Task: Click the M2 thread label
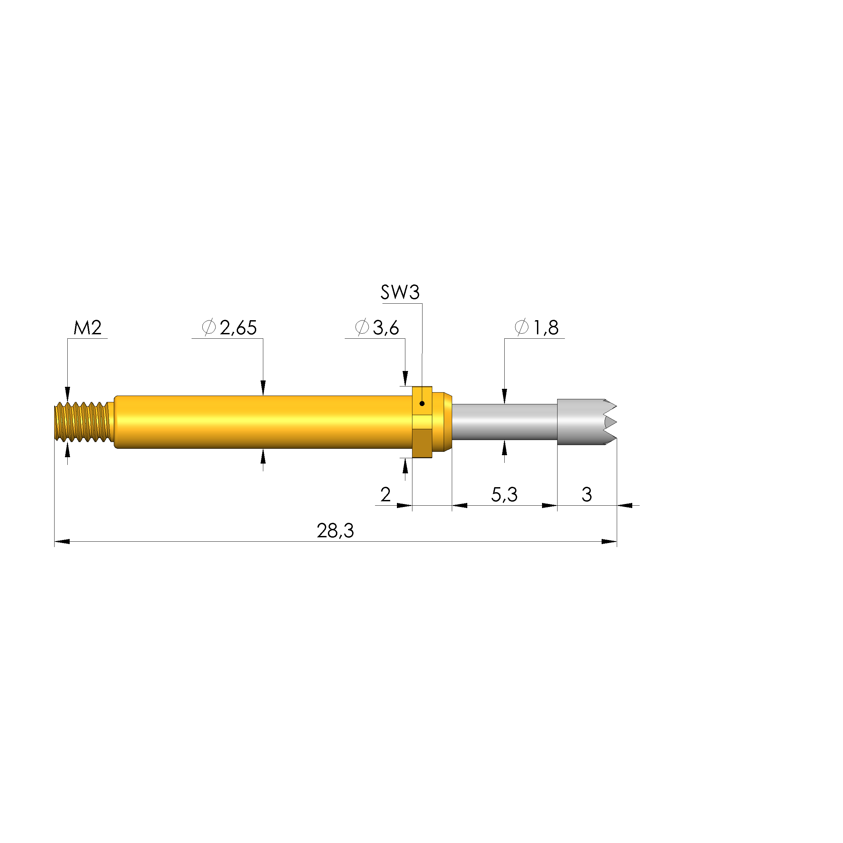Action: point(87,328)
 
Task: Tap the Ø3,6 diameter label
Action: point(377,328)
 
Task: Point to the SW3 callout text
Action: point(400,292)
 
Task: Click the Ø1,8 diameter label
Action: point(537,328)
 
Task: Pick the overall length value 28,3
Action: point(335,531)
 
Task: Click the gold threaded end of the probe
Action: point(83,422)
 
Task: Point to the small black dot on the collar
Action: point(422,404)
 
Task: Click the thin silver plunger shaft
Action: point(504,422)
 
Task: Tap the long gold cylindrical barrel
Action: point(262,422)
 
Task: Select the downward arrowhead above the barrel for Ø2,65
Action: point(263,387)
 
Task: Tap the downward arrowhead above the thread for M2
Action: point(67,394)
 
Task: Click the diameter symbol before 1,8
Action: point(521,327)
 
